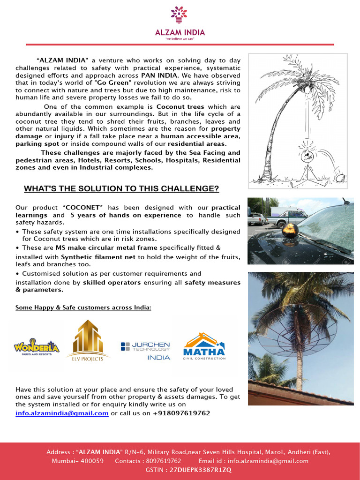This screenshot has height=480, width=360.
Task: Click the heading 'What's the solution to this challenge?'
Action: click(x=121, y=189)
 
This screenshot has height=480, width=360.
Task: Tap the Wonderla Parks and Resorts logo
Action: click(x=37, y=347)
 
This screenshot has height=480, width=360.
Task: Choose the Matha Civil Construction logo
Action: click(x=204, y=346)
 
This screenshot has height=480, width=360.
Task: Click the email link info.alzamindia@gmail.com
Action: click(x=62, y=413)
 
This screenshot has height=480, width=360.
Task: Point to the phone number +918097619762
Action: click(x=181, y=413)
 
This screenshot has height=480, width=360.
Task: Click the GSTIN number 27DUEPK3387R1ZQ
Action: click(x=200, y=469)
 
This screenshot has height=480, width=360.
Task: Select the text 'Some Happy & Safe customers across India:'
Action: click(x=83, y=307)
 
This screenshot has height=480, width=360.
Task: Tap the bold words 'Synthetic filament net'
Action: click(x=98, y=257)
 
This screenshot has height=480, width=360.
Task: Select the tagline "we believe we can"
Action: click(x=180, y=39)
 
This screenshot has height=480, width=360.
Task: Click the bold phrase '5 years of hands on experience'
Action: click(x=126, y=215)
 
